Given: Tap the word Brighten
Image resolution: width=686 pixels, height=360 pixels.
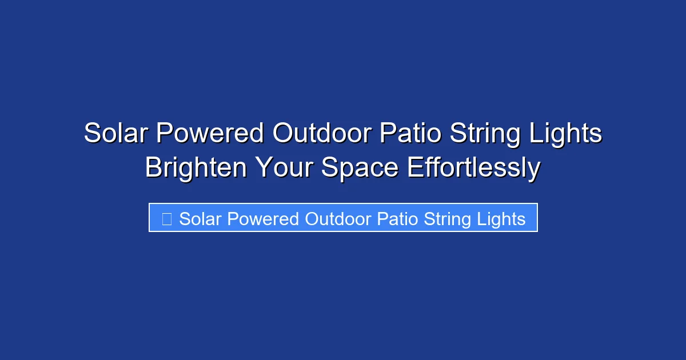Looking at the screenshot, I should coord(196,169).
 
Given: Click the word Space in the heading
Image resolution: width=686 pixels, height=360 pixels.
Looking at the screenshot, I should coord(359,169).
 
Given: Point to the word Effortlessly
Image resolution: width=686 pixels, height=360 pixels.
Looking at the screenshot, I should coord(473,169).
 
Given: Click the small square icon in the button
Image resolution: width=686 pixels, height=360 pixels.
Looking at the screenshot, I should coord(167,219).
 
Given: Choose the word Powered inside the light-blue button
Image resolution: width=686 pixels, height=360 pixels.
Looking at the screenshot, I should coord(262,219).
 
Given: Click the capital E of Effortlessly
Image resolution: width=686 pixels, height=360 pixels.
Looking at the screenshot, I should coord(414,169).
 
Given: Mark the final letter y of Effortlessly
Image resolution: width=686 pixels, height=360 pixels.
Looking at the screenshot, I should coord(534,171).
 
